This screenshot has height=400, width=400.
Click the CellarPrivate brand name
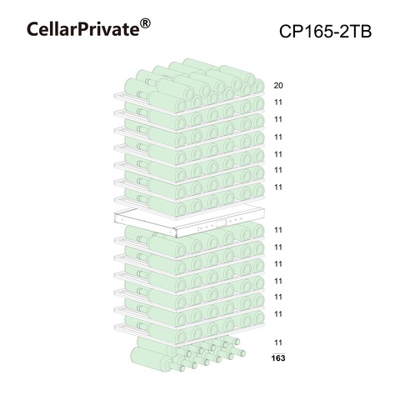click(82, 29)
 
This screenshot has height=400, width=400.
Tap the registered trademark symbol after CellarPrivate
click(145, 24)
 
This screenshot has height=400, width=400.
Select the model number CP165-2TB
click(325, 32)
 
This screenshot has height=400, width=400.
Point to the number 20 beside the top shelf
click(278, 86)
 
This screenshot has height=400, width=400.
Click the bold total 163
click(278, 358)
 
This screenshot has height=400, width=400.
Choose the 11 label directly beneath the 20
click(278, 102)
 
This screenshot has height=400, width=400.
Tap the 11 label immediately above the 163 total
click(278, 342)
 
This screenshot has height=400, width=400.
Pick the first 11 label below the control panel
click(278, 230)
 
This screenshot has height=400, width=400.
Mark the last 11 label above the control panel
click(278, 187)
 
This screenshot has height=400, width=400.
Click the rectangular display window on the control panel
click(222, 223)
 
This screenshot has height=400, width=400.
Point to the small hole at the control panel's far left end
click(122, 220)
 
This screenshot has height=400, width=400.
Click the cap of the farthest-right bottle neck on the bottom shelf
click(242, 353)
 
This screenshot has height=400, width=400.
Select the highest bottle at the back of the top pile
click(201, 65)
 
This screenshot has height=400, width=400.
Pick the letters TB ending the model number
click(362, 32)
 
